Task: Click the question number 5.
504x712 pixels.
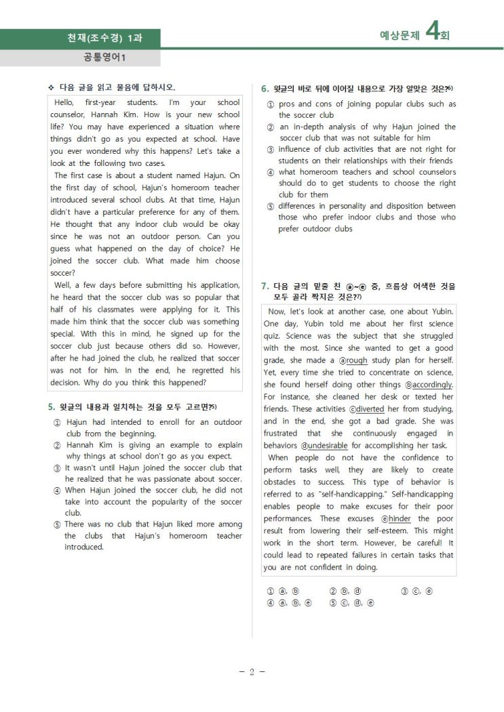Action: [51, 406]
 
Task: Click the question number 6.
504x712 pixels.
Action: [265, 89]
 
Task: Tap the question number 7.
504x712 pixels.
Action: [265, 286]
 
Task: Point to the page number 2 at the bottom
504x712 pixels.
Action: [252, 672]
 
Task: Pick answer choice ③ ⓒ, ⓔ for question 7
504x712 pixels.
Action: [417, 591]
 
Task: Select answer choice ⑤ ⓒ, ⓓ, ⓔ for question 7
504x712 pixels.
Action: [351, 602]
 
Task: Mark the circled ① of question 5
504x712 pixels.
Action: [57, 422]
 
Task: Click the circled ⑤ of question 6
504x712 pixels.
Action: [270, 206]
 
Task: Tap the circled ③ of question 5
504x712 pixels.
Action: [57, 468]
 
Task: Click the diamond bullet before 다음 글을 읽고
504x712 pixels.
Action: [51, 87]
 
